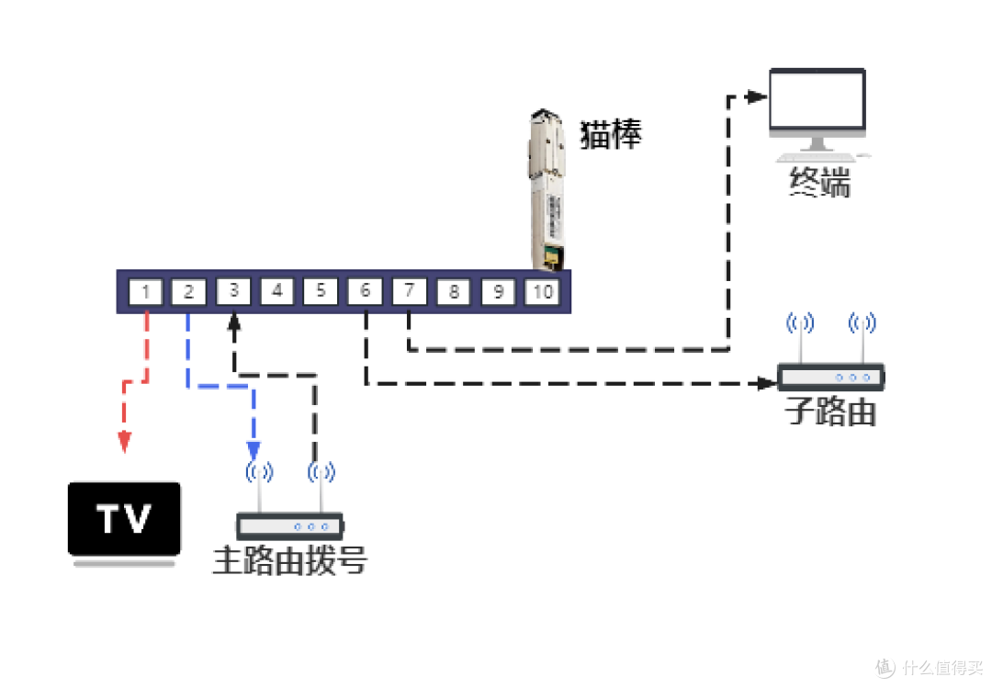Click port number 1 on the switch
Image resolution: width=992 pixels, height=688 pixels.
145,292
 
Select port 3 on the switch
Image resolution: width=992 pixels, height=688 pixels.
233,291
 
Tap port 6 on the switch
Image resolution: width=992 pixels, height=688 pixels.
365,291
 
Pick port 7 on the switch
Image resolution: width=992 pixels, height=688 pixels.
410,291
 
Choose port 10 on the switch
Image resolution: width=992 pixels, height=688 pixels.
543,292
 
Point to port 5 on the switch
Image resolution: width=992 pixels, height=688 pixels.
321,291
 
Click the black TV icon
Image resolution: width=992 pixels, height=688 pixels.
124,524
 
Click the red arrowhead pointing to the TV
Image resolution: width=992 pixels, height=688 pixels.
125,441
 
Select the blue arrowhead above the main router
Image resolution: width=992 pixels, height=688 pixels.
254,451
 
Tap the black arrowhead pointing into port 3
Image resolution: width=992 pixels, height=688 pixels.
234,322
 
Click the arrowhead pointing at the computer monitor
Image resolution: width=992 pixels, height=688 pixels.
757,96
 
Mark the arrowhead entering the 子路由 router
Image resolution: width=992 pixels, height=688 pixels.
767,383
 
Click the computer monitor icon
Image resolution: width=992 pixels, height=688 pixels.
817,114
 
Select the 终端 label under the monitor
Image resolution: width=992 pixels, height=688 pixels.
819,182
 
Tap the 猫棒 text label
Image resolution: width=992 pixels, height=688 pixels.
611,134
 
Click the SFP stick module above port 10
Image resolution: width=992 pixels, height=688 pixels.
547,189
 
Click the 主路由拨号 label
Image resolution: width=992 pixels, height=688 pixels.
289,560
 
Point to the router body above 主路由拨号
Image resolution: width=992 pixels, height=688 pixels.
289,526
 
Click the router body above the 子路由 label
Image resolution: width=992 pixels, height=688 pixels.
830,377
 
